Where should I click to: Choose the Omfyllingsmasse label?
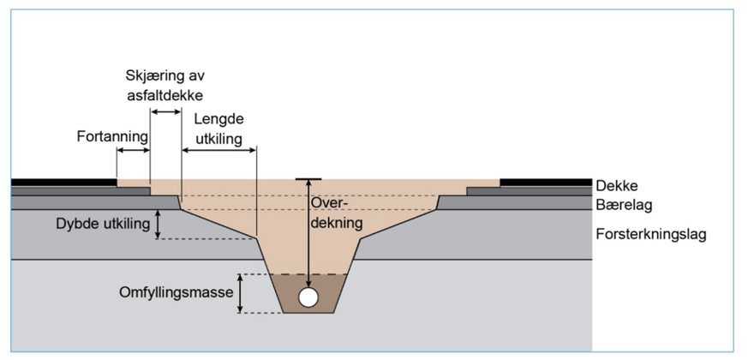177,293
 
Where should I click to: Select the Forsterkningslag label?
651,234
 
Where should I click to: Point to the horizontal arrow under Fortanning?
133,151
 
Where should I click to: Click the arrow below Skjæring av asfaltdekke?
166,111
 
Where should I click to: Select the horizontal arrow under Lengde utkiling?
219,151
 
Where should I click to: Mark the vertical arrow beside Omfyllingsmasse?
241,293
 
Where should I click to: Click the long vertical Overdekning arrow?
308,231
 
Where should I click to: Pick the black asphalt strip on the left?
63,183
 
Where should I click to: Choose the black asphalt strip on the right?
546,183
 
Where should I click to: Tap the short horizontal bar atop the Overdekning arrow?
308,178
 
